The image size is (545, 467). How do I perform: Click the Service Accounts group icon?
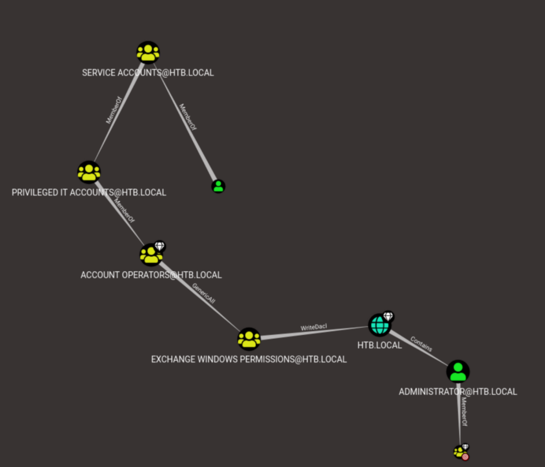(148, 52)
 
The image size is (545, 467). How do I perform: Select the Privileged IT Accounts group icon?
(89, 172)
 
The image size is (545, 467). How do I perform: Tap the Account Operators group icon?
(151, 255)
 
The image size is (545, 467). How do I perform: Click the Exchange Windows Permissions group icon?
(248, 339)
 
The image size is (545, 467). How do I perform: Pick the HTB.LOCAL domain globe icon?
(379, 325)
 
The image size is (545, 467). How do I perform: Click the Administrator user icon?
(458, 372)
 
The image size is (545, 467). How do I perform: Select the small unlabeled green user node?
(219, 186)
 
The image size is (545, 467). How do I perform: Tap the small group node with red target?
(460, 452)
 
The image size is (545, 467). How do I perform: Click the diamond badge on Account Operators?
(160, 246)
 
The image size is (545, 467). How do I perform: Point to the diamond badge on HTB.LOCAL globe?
(388, 316)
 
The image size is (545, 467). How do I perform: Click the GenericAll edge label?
(203, 294)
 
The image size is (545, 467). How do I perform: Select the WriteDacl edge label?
(314, 327)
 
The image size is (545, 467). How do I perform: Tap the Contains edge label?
(422, 344)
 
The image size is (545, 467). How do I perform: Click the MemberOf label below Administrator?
(463, 411)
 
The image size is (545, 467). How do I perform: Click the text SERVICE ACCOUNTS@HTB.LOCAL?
(148, 73)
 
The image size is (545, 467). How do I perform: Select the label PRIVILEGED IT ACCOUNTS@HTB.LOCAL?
(89, 192)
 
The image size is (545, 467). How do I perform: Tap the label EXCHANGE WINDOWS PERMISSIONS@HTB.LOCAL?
(248, 359)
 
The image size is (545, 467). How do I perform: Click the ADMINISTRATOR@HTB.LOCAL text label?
(458, 392)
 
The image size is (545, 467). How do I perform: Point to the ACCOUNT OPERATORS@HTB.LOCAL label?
(151, 275)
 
